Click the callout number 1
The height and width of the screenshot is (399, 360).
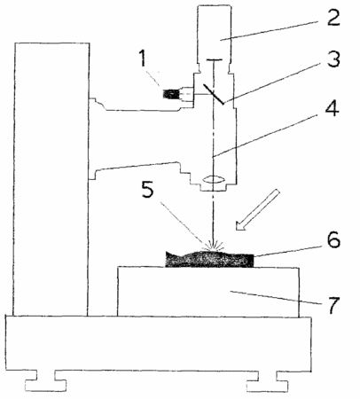coord(143,59)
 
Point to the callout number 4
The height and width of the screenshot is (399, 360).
coord(332,108)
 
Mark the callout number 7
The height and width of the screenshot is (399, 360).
coord(332,306)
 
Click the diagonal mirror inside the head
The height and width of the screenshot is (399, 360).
coord(214,94)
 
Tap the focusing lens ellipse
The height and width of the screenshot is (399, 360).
coord(214,179)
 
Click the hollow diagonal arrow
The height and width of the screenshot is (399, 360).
coord(257,209)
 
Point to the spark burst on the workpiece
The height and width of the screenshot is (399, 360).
coord(213,245)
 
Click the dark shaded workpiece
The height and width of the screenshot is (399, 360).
coord(209,260)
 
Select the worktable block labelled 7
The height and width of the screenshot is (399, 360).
coord(208,292)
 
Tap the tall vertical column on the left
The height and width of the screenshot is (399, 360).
coord(51,179)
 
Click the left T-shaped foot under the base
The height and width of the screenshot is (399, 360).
coord(45,381)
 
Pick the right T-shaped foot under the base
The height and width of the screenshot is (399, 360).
coord(268,381)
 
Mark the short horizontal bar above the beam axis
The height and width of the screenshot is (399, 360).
coord(214,60)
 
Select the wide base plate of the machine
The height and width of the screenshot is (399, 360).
coord(159,343)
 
